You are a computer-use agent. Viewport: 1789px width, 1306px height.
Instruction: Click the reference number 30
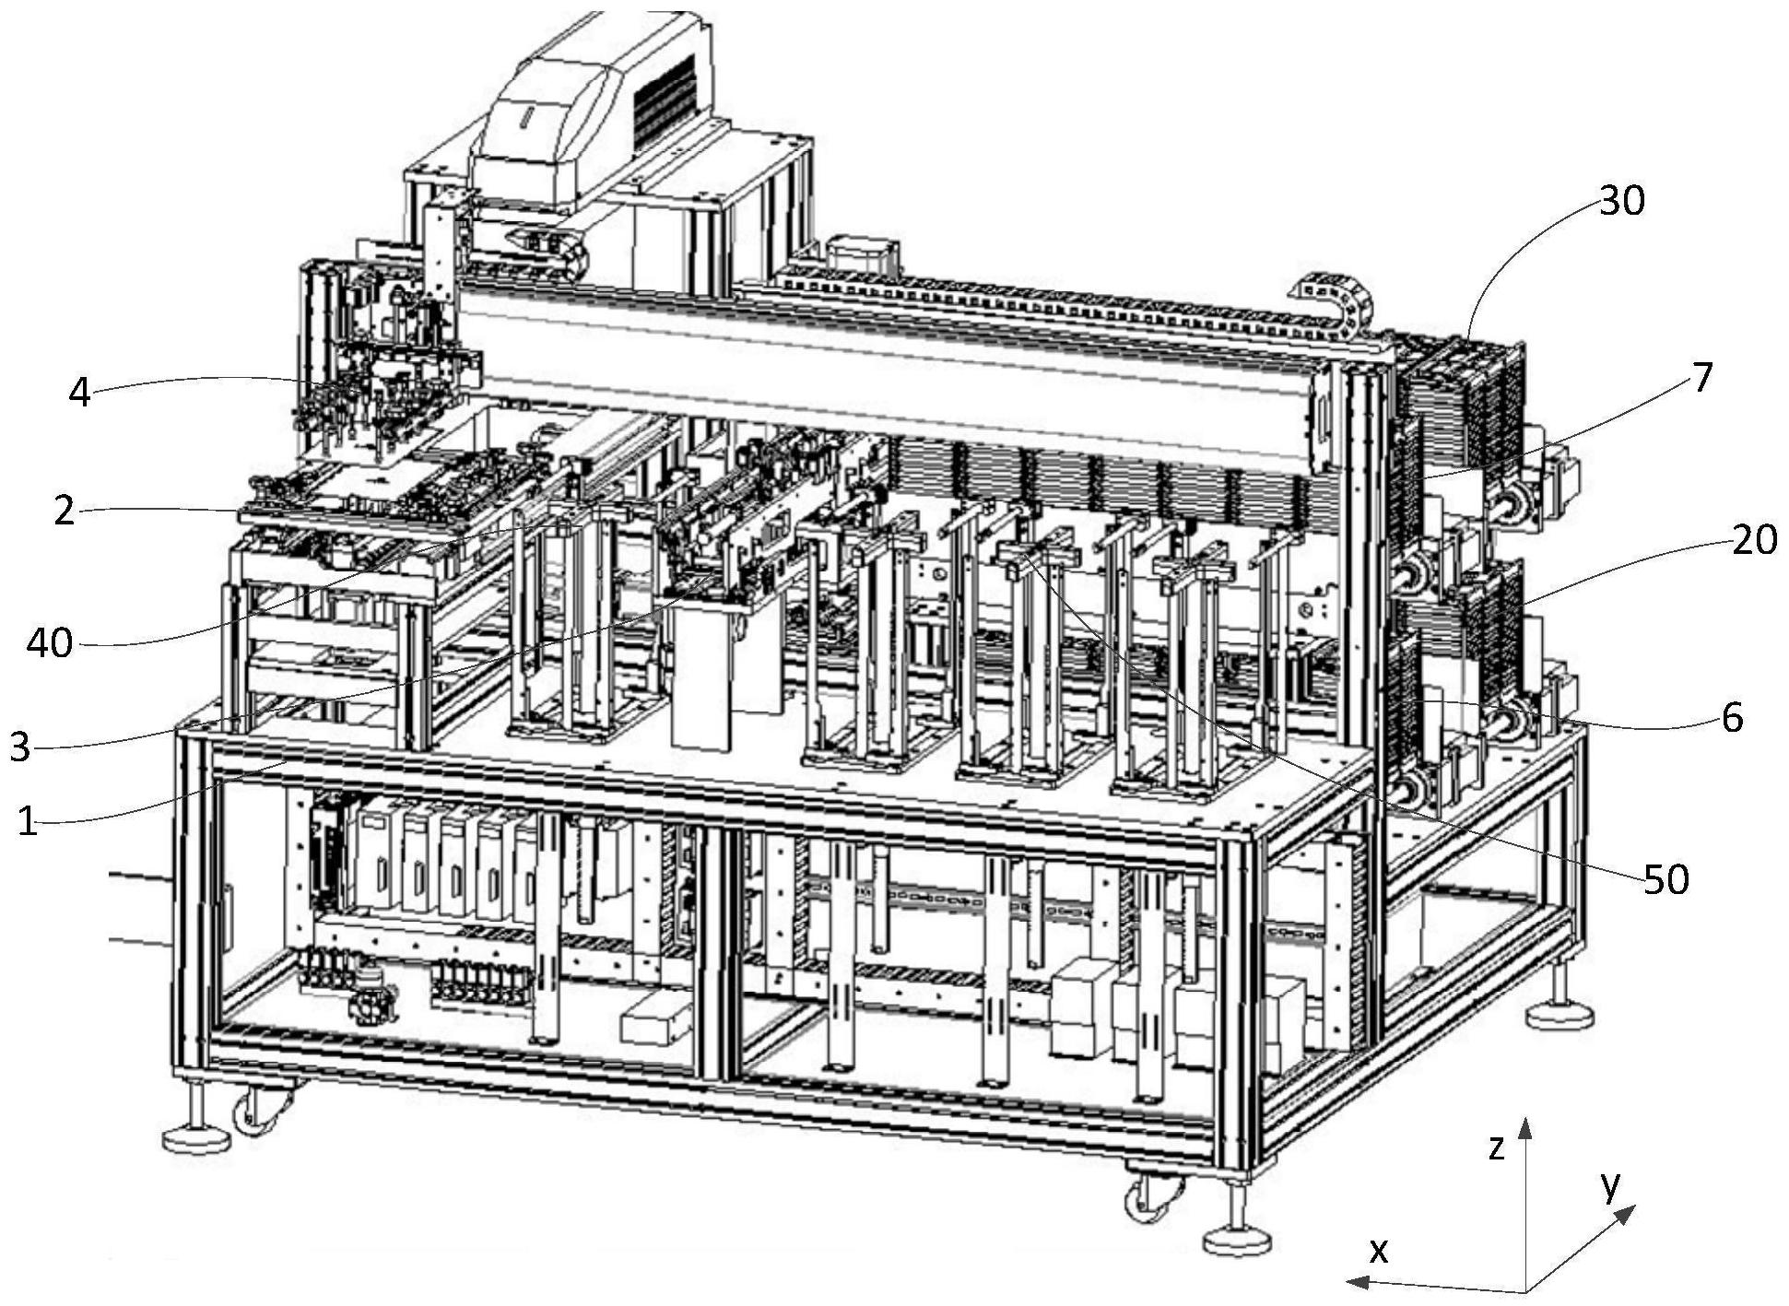1621,200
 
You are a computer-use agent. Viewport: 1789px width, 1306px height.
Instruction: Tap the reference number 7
1701,377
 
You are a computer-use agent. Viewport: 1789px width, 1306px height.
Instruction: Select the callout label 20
1754,539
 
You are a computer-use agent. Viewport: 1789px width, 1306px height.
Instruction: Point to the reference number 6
1732,717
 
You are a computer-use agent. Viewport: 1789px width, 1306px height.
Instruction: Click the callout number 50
1666,879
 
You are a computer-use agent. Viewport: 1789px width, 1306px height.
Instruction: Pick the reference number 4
80,393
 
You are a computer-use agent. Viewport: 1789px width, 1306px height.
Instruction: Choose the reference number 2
64,510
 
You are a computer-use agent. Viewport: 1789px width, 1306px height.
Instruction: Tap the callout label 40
49,642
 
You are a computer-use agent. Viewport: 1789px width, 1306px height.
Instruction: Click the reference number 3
19,747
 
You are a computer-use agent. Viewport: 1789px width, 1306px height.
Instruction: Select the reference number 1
29,820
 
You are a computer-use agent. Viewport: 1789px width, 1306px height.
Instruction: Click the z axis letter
1496,1147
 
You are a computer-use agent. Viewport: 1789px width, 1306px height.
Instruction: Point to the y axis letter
1610,1185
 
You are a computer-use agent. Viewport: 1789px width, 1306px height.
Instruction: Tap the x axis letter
1379,1250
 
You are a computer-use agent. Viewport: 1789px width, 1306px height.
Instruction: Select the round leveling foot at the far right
1559,1017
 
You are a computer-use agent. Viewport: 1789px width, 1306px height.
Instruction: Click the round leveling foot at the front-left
195,1139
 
